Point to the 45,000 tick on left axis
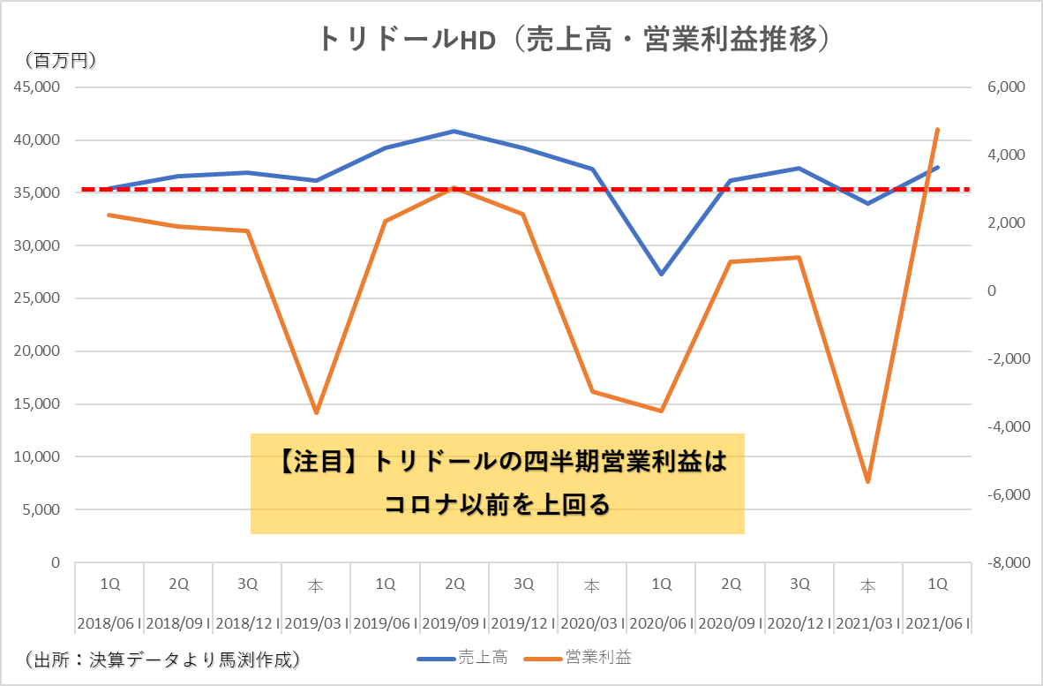click(36, 87)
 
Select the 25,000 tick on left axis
click(36, 298)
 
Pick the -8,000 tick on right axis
click(1002, 562)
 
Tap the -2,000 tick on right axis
click(1002, 359)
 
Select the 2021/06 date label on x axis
click(937, 622)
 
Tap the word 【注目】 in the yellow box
click(320, 463)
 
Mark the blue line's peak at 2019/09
click(454, 132)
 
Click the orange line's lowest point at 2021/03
click(868, 481)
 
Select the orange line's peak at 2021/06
click(937, 129)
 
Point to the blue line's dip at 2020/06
click(661, 274)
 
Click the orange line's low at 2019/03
click(316, 413)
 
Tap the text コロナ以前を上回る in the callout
click(497, 505)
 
